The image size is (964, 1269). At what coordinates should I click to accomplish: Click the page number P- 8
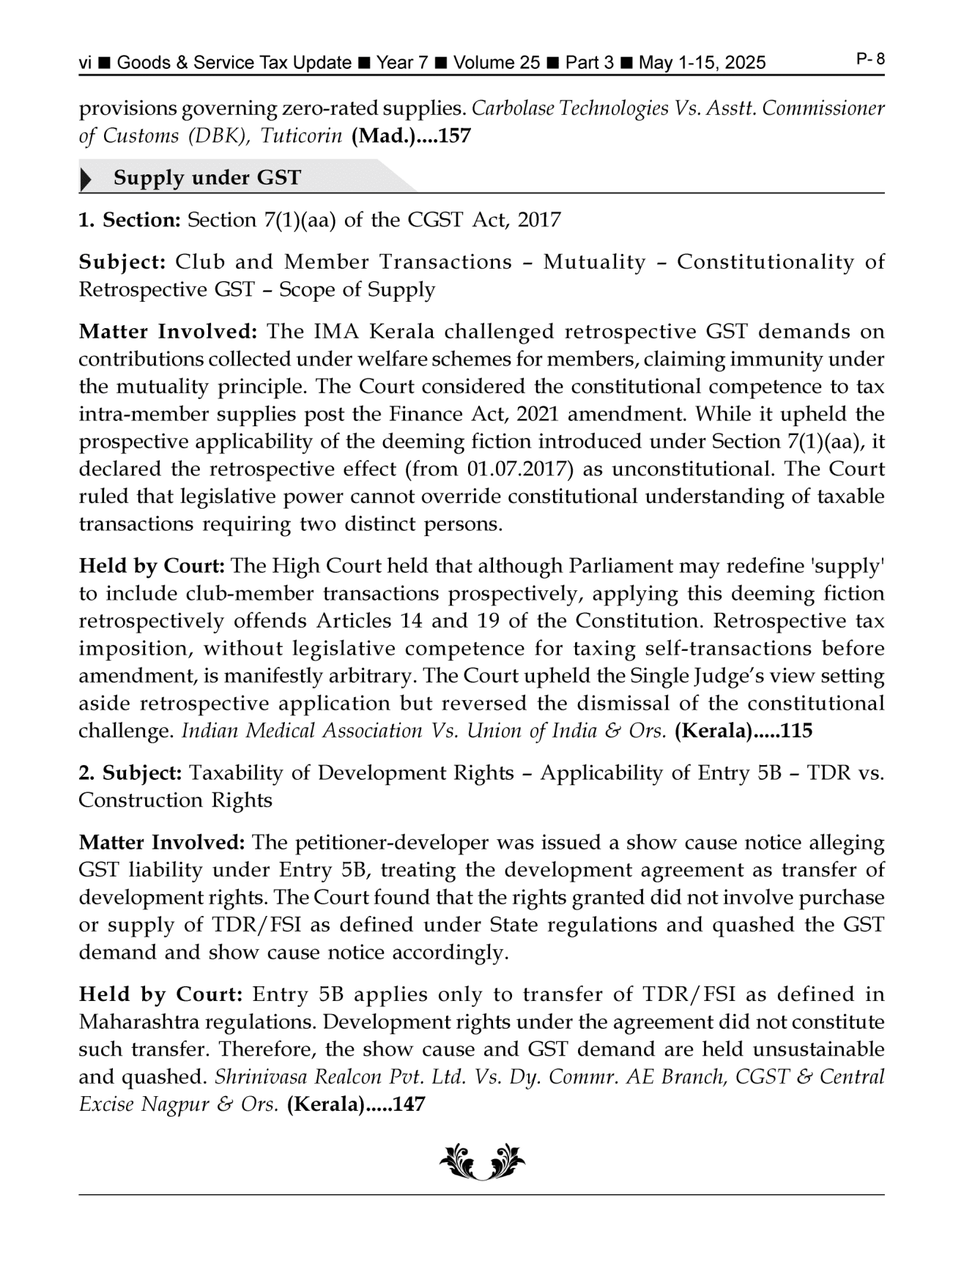point(870,59)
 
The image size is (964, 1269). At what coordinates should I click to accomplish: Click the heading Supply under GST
point(207,178)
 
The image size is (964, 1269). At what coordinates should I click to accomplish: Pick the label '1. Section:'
point(130,220)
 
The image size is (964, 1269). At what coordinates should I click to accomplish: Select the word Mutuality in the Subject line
point(594,262)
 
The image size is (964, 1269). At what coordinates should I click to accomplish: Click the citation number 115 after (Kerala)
point(797,731)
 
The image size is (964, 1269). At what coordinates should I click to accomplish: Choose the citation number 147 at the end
point(409,1104)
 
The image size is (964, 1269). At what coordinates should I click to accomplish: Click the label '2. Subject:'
point(130,773)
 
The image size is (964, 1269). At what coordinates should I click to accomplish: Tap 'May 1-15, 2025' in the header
point(702,63)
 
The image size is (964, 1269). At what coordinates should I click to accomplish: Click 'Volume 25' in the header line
point(497,63)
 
